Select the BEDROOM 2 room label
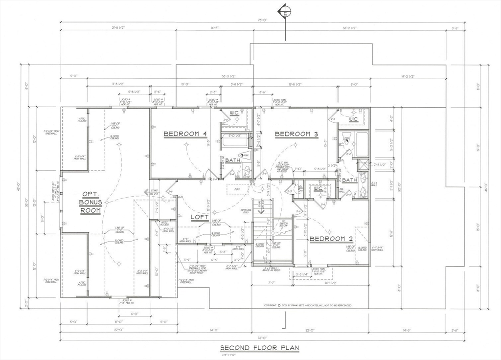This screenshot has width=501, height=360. (x=331, y=239)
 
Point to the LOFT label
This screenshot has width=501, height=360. (x=200, y=217)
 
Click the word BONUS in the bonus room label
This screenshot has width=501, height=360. (x=91, y=202)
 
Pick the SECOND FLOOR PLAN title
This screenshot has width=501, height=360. (x=259, y=348)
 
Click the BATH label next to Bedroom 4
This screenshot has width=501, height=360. (x=232, y=160)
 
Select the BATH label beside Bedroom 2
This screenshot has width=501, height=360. (x=349, y=180)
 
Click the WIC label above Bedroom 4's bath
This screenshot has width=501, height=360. (x=234, y=113)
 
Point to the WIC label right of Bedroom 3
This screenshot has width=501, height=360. (x=353, y=119)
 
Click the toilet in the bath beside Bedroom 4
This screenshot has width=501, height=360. (x=246, y=171)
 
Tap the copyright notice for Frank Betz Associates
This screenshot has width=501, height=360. (x=307, y=305)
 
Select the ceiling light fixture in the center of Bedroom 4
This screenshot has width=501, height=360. (x=186, y=145)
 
